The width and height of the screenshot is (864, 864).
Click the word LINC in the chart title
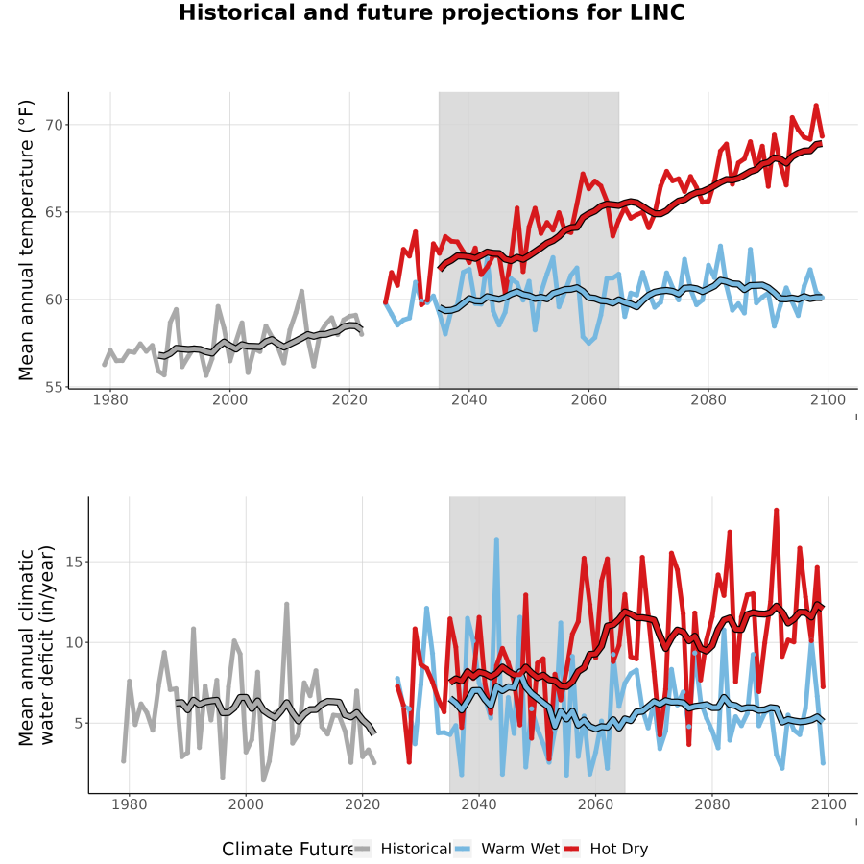pos(657,12)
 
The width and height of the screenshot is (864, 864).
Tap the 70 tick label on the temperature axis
pos(54,125)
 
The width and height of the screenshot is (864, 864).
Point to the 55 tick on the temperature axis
pos(54,387)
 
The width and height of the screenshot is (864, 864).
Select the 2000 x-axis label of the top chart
pos(229,399)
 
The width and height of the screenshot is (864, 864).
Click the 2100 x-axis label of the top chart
pos(828,399)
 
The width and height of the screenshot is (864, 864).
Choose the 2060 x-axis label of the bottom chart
pos(595,804)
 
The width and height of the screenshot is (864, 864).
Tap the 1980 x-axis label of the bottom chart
pos(130,804)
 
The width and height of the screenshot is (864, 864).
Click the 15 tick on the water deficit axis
pos(74,562)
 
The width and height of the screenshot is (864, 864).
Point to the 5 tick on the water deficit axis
pos(79,723)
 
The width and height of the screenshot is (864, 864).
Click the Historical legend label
pos(416,849)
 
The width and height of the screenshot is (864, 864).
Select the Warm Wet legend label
pos(520,849)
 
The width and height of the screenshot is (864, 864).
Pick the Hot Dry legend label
pos(619,850)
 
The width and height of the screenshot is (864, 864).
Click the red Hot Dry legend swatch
pos(572,849)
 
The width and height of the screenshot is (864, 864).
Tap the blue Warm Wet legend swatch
pos(464,849)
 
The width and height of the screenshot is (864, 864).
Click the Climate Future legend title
pos(288,849)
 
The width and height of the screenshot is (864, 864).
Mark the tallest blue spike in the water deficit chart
pos(496,540)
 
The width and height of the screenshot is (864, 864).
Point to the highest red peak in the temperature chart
pos(816,106)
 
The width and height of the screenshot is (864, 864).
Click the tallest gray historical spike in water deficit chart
pos(286,605)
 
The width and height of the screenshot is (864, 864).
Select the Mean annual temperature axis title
pos(26,240)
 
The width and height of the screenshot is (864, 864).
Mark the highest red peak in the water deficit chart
pos(776,511)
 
